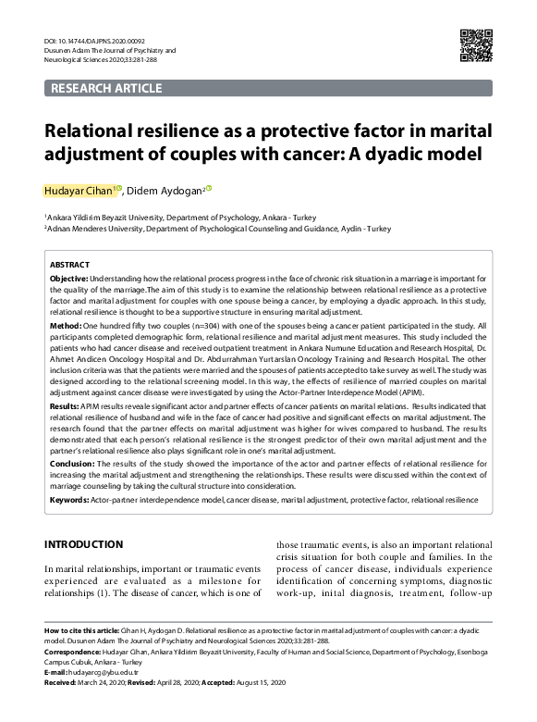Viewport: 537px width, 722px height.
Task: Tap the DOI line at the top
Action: (96, 42)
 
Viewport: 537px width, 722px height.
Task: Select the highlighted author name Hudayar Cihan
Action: (78, 191)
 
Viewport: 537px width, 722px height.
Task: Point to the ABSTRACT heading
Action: (69, 264)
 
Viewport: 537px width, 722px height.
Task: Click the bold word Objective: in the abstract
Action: (68, 278)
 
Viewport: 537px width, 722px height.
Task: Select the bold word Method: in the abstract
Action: (65, 327)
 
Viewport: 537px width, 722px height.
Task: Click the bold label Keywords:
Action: (70, 500)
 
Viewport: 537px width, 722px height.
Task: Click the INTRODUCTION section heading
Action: (84, 544)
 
